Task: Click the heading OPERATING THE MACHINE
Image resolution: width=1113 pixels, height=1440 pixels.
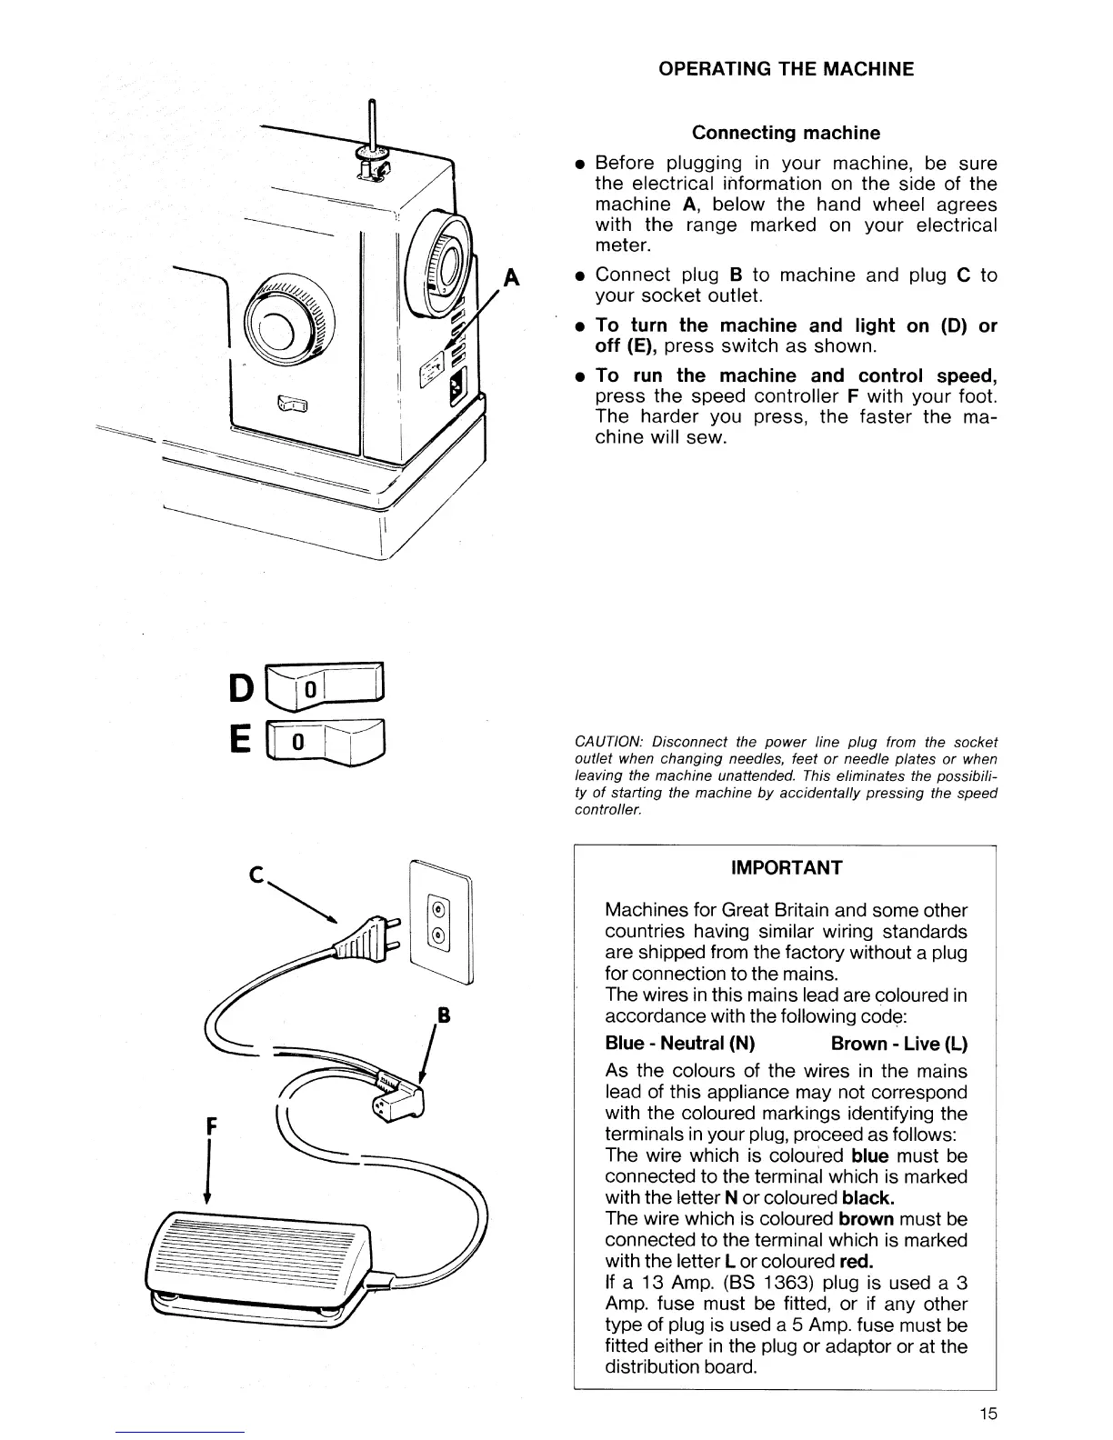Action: click(786, 69)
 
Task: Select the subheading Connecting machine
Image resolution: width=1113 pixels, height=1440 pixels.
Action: click(786, 133)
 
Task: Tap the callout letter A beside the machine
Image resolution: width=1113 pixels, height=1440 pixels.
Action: click(512, 277)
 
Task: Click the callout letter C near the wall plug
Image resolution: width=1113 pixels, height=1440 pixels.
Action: click(257, 876)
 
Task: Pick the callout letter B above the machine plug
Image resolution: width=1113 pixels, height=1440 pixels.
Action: click(445, 1015)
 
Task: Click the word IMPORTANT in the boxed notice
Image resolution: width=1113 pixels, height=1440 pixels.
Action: click(787, 867)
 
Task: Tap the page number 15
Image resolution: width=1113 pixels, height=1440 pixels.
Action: click(988, 1413)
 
